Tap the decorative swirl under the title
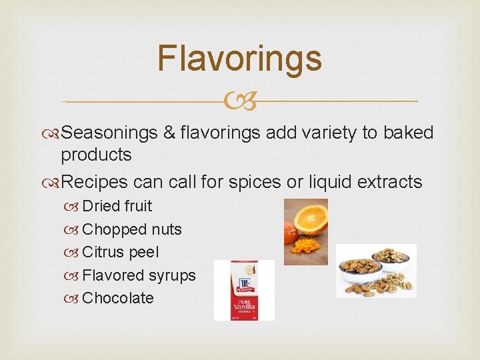tap(239, 102)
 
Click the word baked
tap(408, 133)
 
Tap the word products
tap(96, 155)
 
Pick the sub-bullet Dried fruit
tap(117, 206)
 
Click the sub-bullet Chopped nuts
tap(131, 229)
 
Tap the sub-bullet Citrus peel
tap(120, 253)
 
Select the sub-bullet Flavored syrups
tap(139, 275)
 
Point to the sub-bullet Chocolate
tap(118, 298)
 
